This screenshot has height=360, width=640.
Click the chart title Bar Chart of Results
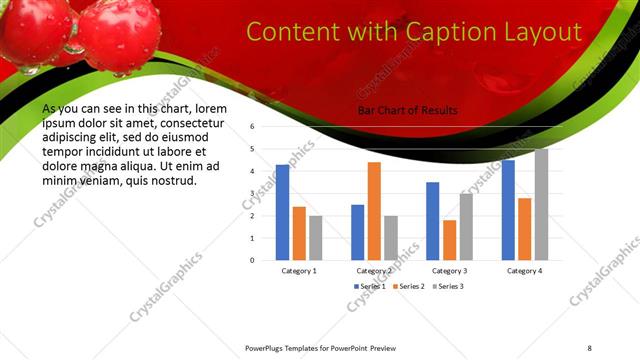(x=407, y=111)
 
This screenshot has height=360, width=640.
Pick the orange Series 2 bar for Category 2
(x=374, y=211)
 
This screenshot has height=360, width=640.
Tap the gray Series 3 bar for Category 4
(x=541, y=204)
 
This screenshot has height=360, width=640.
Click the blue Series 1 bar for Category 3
(x=432, y=221)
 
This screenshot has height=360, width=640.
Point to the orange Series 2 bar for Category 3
(x=449, y=240)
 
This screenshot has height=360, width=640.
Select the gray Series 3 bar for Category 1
(x=316, y=238)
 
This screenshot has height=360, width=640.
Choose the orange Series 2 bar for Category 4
(x=524, y=229)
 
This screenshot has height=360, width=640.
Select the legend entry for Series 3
(x=447, y=286)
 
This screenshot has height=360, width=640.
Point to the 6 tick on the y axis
(x=253, y=127)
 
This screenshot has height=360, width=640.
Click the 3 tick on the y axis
(x=253, y=193)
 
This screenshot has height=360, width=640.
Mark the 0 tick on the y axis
(x=253, y=260)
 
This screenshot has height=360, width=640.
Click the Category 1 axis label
(x=299, y=271)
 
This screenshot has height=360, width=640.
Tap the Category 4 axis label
(x=524, y=271)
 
